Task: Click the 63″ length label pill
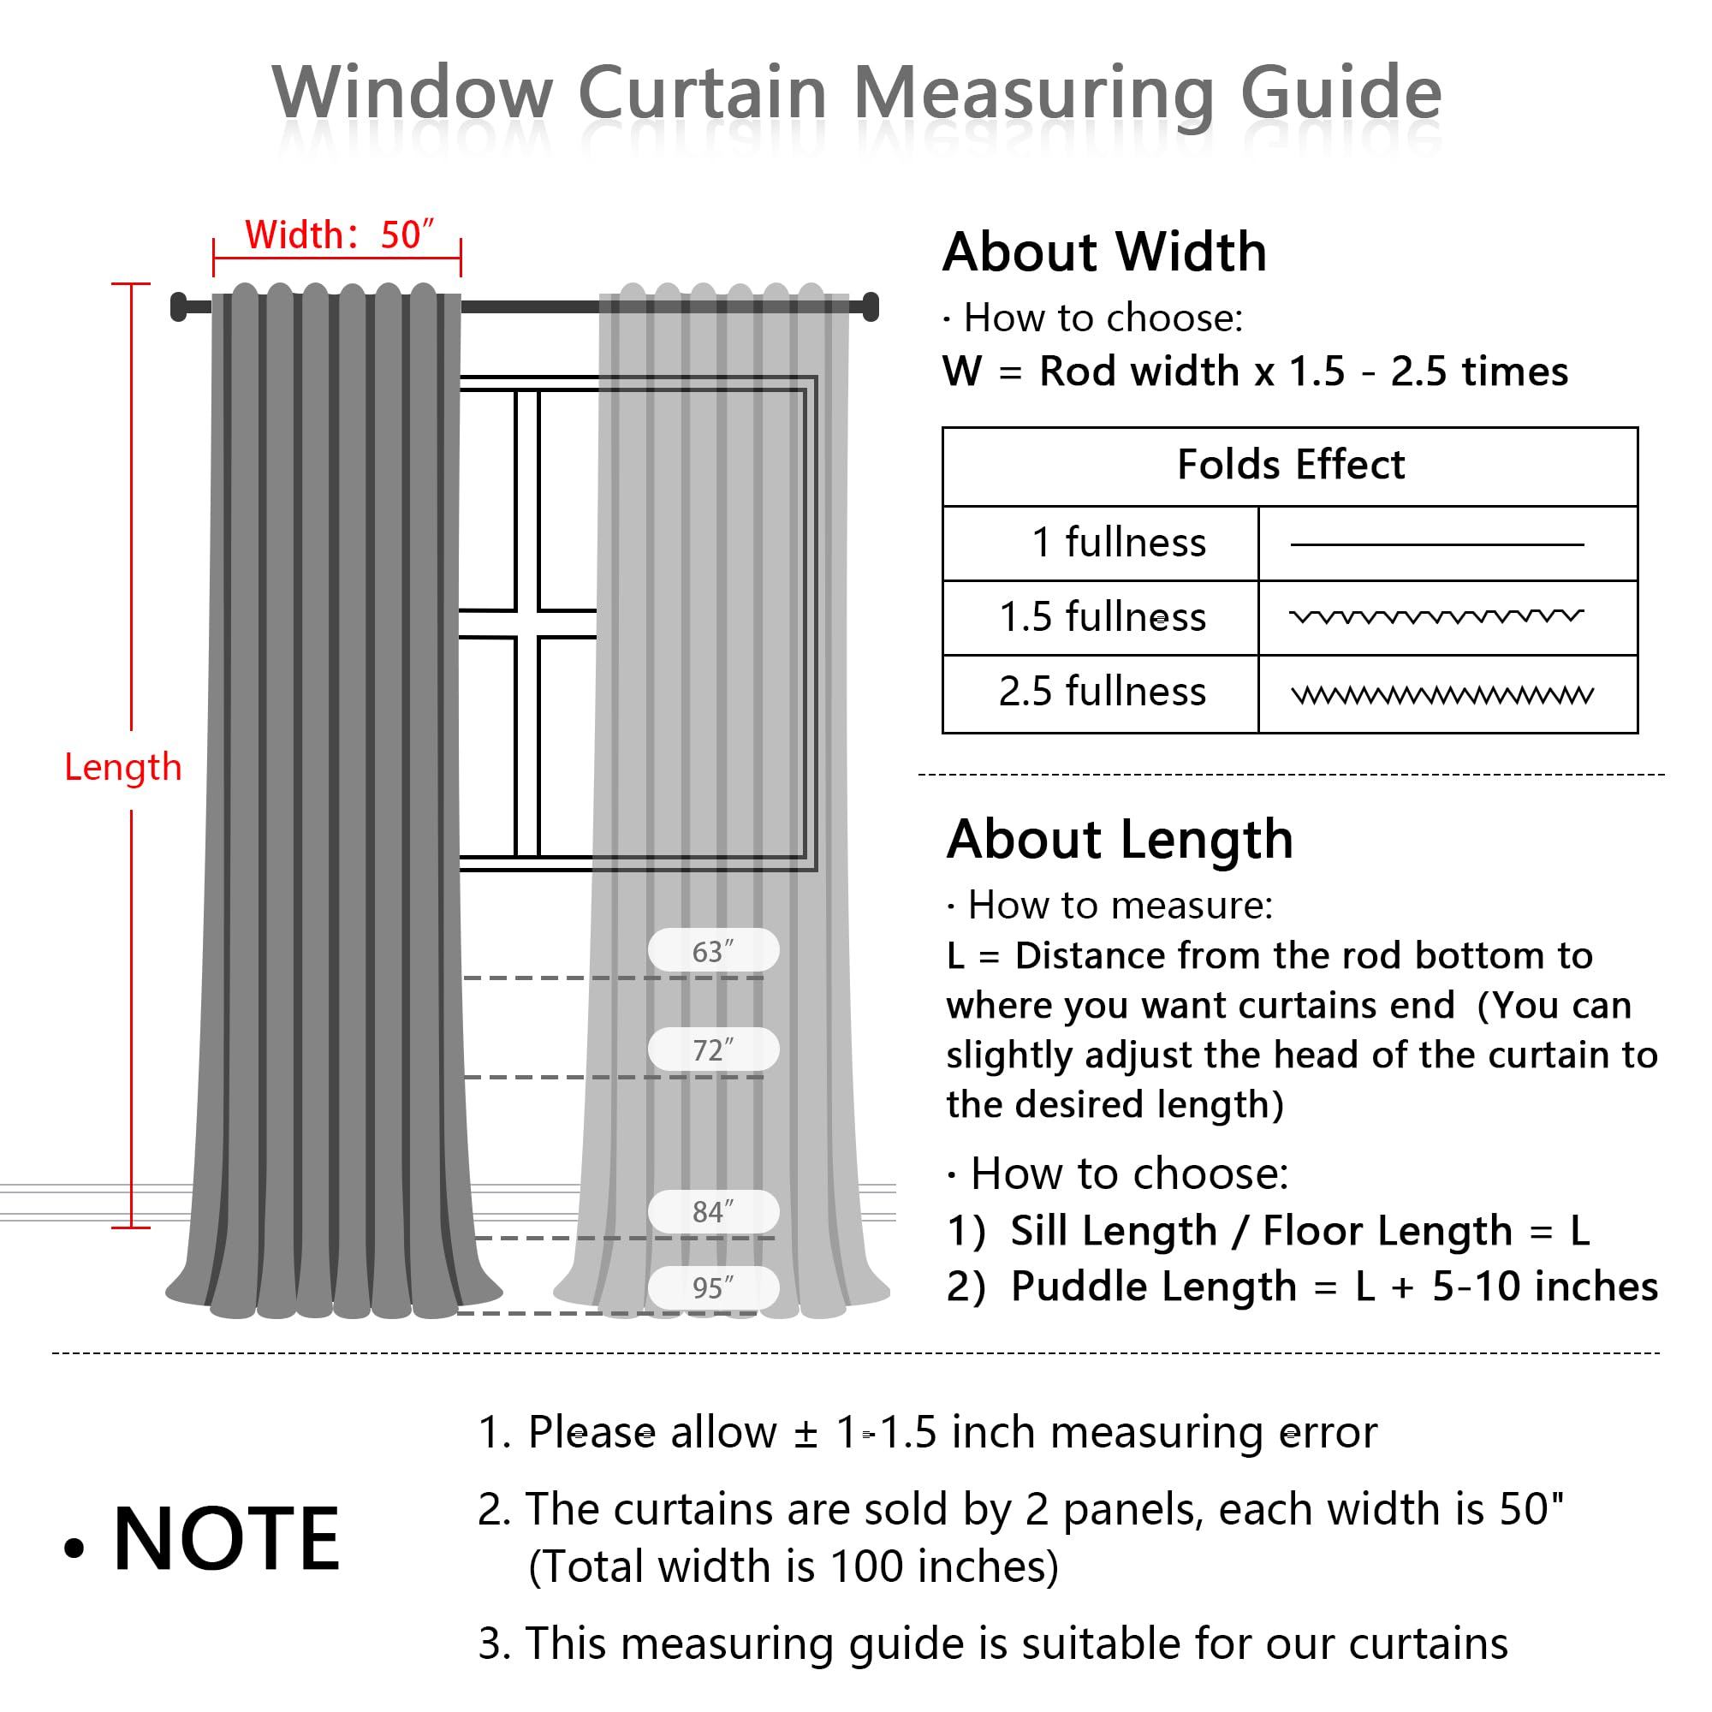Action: (713, 951)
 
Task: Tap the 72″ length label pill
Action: (713, 1049)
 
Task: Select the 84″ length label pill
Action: (713, 1211)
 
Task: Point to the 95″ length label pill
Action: (713, 1287)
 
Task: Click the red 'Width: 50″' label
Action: (339, 235)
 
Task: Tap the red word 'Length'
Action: (123, 767)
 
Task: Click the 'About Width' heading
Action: (1104, 253)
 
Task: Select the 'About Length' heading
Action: (1120, 839)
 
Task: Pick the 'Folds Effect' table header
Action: (1290, 465)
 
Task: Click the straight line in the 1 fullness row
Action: (1436, 544)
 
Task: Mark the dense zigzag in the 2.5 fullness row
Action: (1442, 696)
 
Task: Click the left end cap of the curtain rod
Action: (179, 306)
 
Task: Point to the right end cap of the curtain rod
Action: (871, 306)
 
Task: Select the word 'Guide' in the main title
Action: (1340, 93)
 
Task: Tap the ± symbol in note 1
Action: (805, 1434)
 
